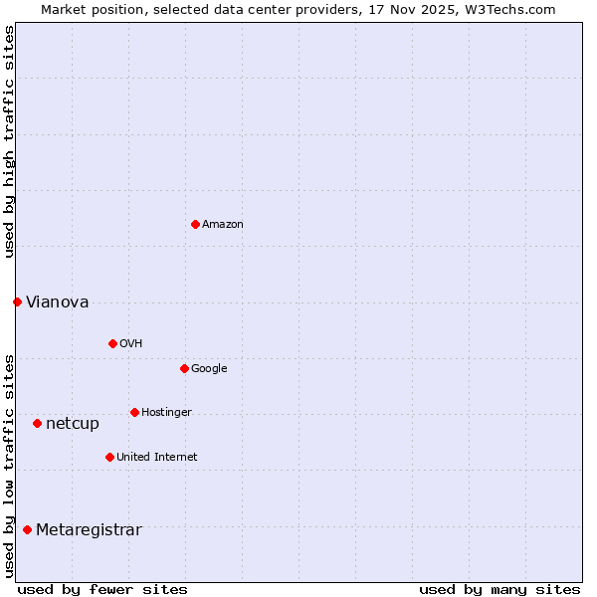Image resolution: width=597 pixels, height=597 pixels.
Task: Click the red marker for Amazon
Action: (195, 224)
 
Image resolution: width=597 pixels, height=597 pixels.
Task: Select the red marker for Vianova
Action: (17, 301)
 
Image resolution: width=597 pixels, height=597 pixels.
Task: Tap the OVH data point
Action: (112, 343)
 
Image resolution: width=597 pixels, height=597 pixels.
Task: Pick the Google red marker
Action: (184, 368)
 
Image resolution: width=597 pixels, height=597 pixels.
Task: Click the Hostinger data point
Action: (134, 412)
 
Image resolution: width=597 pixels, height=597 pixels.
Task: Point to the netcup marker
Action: (37, 423)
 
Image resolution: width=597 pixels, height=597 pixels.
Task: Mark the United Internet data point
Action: (109, 457)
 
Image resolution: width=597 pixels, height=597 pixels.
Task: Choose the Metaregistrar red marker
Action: (27, 529)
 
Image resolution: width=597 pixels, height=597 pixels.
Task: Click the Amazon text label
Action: (223, 225)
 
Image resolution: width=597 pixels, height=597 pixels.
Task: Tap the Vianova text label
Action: (58, 302)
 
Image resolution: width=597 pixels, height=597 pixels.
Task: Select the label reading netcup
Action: (73, 424)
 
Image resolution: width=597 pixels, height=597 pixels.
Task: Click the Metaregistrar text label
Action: (89, 530)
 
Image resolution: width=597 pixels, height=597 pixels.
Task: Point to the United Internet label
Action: (157, 458)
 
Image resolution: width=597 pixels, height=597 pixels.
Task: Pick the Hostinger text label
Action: (166, 413)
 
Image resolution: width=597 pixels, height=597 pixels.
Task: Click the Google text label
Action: (209, 369)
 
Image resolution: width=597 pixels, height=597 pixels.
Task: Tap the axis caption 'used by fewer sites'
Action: (102, 589)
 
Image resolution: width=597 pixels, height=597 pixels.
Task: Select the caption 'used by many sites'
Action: (499, 589)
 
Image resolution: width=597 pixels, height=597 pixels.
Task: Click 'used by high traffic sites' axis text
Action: (9, 141)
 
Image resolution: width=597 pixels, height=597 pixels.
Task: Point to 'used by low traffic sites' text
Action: (9, 466)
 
